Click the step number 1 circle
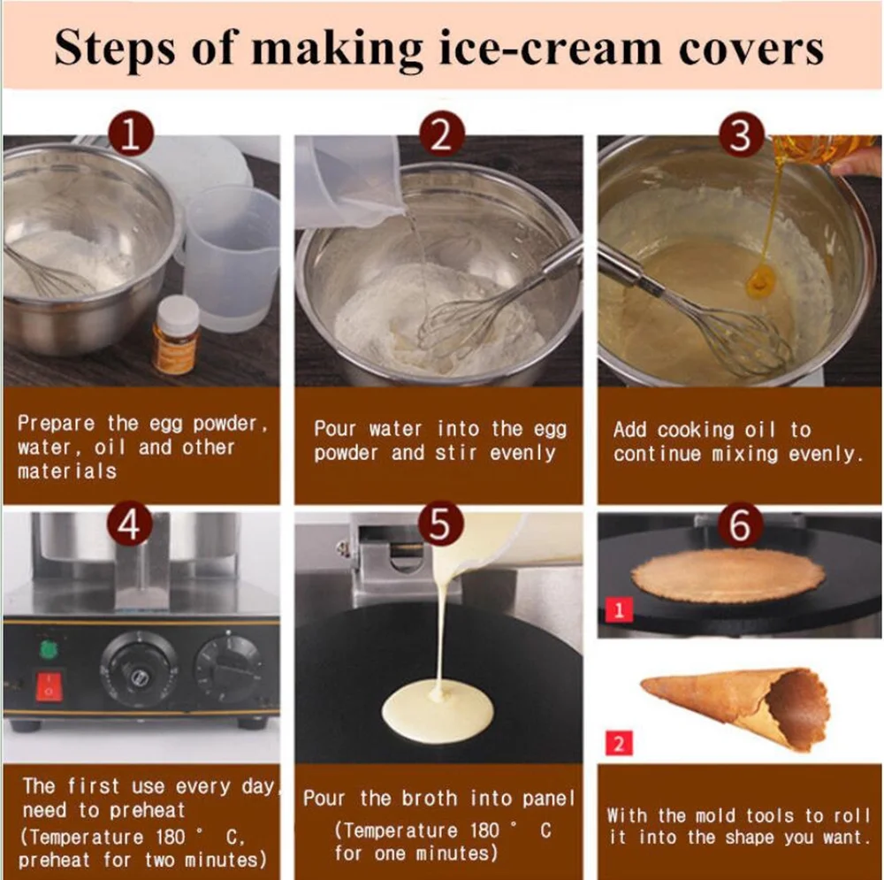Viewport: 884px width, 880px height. point(131,134)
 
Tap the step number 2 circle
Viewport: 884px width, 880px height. point(442,134)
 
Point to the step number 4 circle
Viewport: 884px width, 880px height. point(130,524)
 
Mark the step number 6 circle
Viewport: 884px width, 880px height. point(741,524)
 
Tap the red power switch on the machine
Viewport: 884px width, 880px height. point(49,686)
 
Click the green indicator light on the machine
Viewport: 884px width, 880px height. point(49,649)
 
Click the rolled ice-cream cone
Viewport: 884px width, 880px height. point(735,706)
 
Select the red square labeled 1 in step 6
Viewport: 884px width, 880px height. point(619,609)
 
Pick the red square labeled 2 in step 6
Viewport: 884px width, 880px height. point(619,743)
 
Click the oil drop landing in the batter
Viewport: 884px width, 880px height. point(761,280)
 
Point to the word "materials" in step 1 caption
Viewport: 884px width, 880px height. point(67,471)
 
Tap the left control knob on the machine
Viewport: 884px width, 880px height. point(135,670)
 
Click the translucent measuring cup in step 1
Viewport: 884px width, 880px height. point(232,256)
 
